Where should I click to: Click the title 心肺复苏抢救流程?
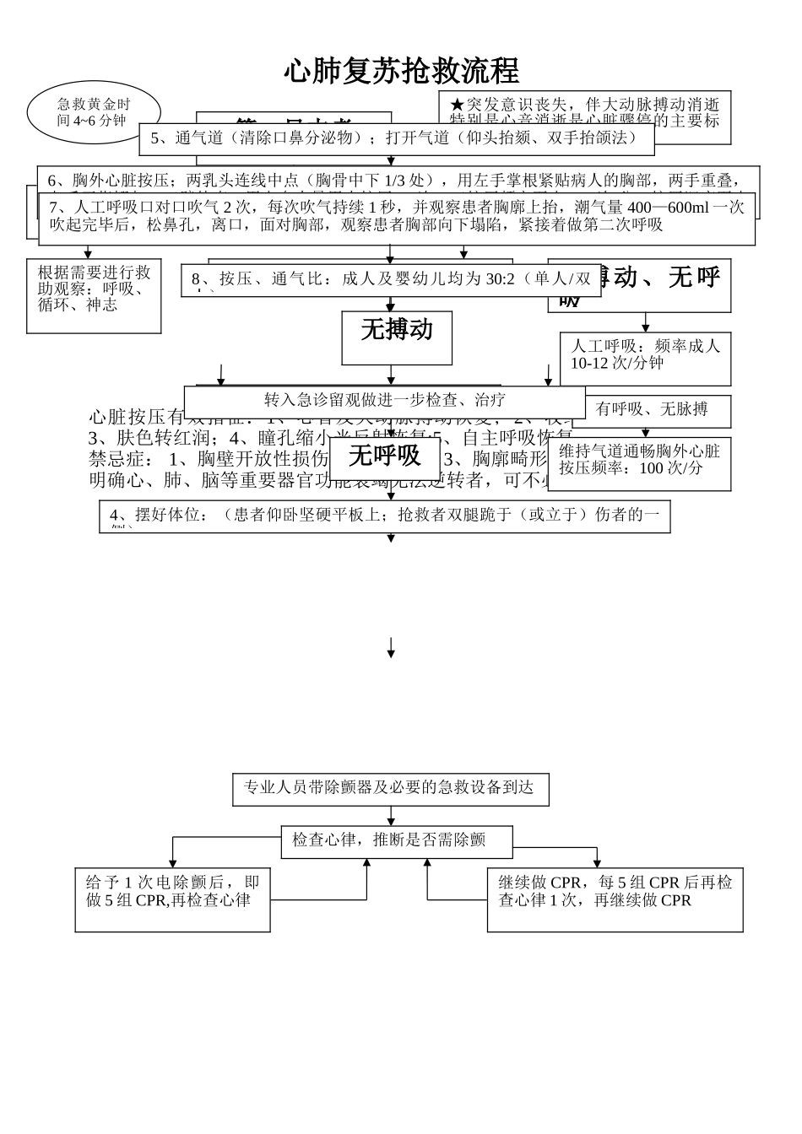(x=401, y=72)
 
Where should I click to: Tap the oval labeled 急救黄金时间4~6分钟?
(x=94, y=113)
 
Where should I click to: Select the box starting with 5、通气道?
(x=397, y=138)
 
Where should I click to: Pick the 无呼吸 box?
(x=384, y=456)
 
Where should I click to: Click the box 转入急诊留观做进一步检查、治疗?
(x=384, y=400)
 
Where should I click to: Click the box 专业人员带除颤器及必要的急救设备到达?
(x=390, y=788)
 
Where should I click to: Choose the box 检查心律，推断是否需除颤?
(x=396, y=840)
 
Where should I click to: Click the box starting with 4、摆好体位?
(x=384, y=515)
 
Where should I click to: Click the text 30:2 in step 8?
(x=500, y=279)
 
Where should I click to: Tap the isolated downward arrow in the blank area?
(x=391, y=648)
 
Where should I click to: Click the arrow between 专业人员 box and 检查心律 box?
(x=391, y=816)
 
